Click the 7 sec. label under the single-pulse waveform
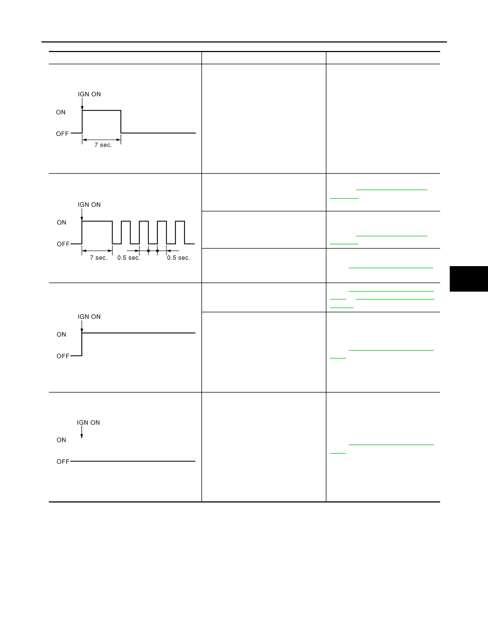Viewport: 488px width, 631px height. (103, 145)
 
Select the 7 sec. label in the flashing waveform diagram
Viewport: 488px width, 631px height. (99, 258)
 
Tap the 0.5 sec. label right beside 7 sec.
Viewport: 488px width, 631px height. (129, 258)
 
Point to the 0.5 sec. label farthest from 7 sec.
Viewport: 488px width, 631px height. (179, 258)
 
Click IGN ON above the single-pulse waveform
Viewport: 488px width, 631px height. (89, 94)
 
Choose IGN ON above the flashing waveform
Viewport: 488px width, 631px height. (89, 204)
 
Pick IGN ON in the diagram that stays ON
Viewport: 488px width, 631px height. (89, 317)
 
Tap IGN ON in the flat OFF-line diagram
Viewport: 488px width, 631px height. (88, 423)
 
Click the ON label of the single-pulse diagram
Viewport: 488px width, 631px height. (61, 112)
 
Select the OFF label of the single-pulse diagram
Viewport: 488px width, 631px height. (62, 134)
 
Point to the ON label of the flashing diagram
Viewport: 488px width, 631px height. (62, 223)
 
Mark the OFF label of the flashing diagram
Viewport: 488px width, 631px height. (63, 244)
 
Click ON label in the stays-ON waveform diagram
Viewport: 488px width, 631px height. (61, 335)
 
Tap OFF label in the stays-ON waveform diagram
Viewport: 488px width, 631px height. (63, 356)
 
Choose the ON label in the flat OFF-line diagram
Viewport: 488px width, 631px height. (61, 440)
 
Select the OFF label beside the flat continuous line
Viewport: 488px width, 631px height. (63, 462)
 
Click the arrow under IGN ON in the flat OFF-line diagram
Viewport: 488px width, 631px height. (82, 432)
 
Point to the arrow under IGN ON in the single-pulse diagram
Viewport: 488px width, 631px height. (82, 104)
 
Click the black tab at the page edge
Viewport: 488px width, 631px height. (469, 278)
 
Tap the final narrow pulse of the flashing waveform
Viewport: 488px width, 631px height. (180, 232)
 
